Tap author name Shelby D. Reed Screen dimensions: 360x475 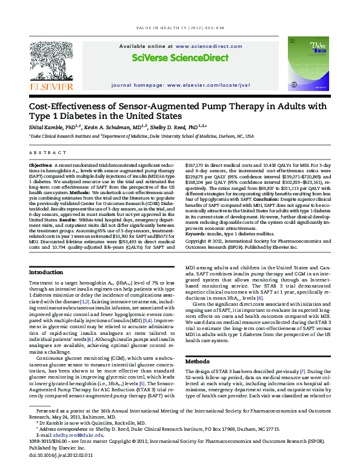point(165,127)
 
